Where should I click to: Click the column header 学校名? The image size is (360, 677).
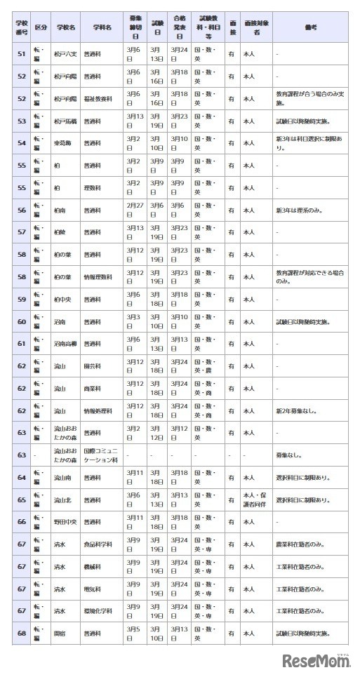point(65,27)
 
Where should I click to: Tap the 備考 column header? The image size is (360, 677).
point(311,27)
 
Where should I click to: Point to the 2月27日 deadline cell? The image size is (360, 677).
point(134,209)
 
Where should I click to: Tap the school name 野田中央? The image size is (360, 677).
point(65,522)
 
